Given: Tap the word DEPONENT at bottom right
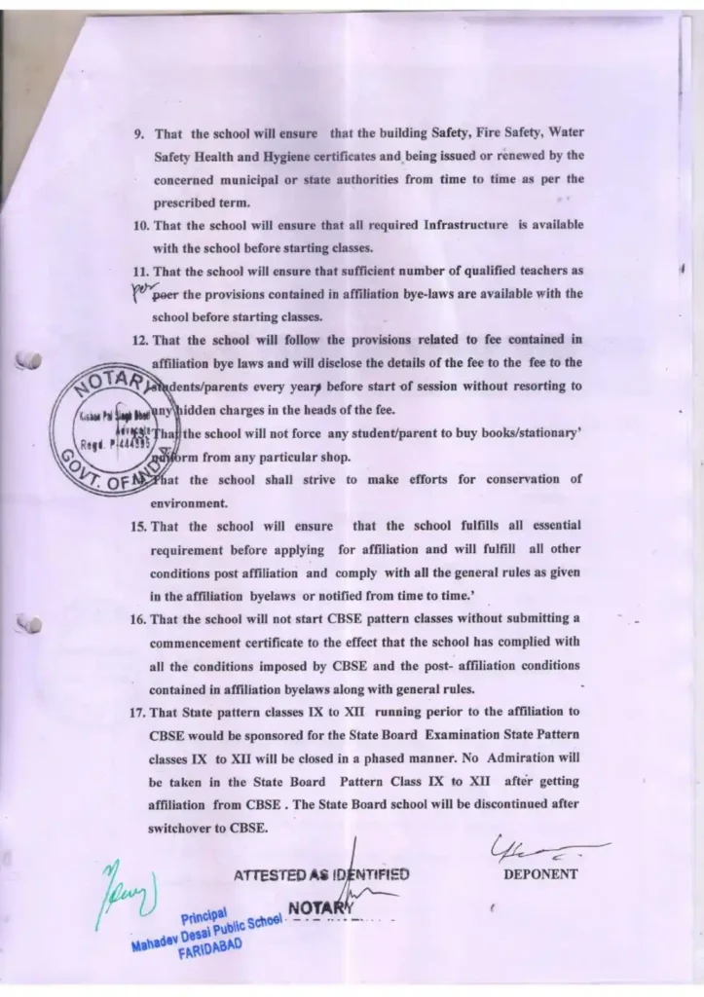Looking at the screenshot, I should tap(540, 874).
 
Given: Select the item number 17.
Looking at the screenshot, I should tap(135, 712).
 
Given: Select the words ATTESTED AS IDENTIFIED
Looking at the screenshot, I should tap(321, 874).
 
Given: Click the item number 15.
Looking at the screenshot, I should tap(135, 527).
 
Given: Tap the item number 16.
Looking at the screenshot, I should tap(135, 619).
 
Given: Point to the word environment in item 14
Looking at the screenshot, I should tap(188, 503).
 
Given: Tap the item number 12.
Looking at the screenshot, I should tap(136, 340).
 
